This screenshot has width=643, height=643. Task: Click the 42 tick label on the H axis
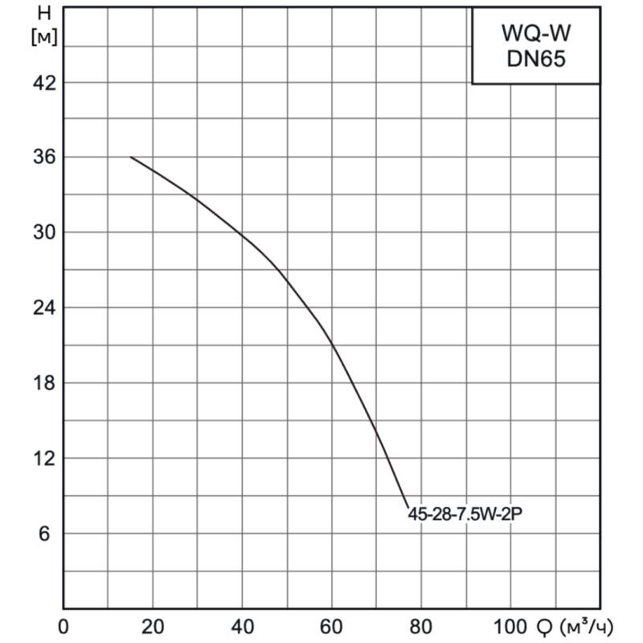(x=43, y=83)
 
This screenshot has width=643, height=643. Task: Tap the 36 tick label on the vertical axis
(x=43, y=158)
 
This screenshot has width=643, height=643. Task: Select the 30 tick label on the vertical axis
(x=43, y=233)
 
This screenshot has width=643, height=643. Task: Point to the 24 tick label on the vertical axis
(x=43, y=308)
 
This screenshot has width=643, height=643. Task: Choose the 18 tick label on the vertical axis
(x=43, y=383)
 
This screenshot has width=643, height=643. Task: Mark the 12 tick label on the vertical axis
(x=43, y=458)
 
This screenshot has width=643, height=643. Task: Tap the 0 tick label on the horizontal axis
(x=64, y=626)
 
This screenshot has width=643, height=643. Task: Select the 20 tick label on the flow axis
(x=153, y=626)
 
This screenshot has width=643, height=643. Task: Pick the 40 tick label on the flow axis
(x=242, y=626)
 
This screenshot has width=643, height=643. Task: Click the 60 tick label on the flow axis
(x=331, y=626)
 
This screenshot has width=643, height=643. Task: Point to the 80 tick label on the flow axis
(x=420, y=626)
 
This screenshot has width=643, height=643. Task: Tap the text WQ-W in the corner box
(x=535, y=34)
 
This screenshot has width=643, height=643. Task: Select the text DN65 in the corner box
(x=535, y=60)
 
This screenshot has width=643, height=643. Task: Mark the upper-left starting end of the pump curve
(x=131, y=157)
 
